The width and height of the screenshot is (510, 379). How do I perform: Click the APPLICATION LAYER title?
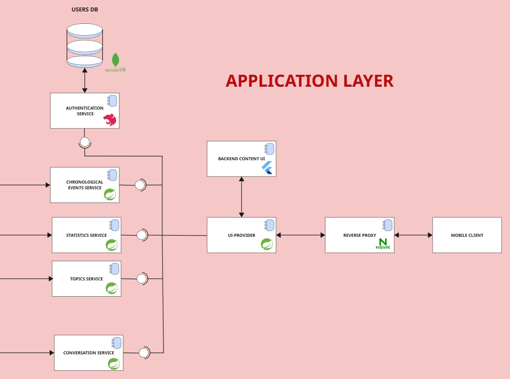[x=309, y=81]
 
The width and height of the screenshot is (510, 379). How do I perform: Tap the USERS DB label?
[x=85, y=10]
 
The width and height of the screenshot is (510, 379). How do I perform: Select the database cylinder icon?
[x=85, y=46]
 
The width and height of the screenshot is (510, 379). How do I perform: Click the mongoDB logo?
[x=116, y=62]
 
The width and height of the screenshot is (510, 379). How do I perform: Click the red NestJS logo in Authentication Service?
[x=110, y=120]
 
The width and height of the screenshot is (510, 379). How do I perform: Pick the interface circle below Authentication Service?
[x=84, y=142]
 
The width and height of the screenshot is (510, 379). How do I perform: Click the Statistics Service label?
[x=86, y=235]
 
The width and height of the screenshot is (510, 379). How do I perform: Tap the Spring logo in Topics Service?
[x=112, y=288]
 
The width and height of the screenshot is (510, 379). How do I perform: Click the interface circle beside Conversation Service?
[x=144, y=353]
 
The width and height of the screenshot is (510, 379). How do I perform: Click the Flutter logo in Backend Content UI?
[x=267, y=168]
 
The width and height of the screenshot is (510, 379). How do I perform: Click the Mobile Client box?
[x=467, y=235]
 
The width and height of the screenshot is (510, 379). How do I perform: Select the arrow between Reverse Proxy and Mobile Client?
[x=413, y=235]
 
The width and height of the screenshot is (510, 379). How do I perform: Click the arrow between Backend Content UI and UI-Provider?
[x=241, y=197]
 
